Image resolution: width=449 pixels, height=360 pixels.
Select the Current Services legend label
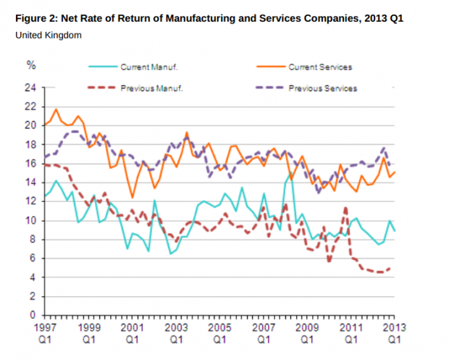tap(319, 67)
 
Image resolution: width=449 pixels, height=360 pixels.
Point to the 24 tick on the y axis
tap(30, 88)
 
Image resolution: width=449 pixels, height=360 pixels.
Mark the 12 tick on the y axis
tap(30, 201)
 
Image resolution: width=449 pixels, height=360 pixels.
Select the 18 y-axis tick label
tap(30, 144)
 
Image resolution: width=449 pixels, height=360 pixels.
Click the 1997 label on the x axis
tap(44, 327)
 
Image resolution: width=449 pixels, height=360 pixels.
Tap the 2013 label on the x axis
tap(394, 327)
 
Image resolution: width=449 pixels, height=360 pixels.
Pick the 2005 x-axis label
tap(219, 327)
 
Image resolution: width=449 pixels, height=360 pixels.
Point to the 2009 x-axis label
tap(306, 327)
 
